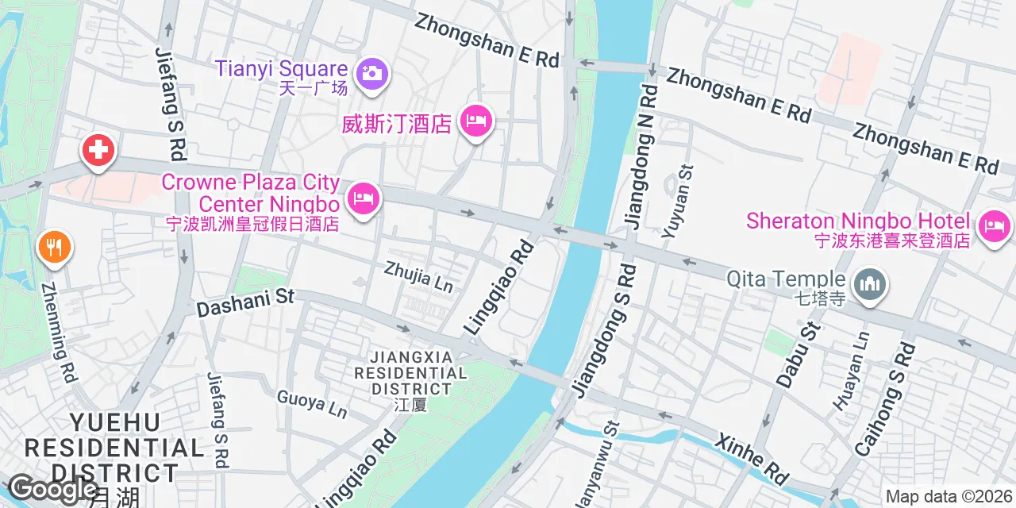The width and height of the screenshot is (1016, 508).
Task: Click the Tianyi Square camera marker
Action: coord(371,72)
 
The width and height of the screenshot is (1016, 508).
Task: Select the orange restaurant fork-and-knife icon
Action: coord(54,248)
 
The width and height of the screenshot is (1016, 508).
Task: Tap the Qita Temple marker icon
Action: coord(870,283)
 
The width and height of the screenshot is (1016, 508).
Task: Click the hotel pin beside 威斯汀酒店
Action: coord(475,121)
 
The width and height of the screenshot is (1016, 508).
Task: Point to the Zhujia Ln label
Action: coord(418,277)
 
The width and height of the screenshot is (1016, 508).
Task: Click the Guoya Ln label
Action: coord(312,403)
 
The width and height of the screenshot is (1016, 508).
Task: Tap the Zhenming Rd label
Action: coord(59,333)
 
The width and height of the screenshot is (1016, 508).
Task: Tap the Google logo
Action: coord(52,489)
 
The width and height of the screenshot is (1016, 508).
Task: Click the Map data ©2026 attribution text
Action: coord(949,497)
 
